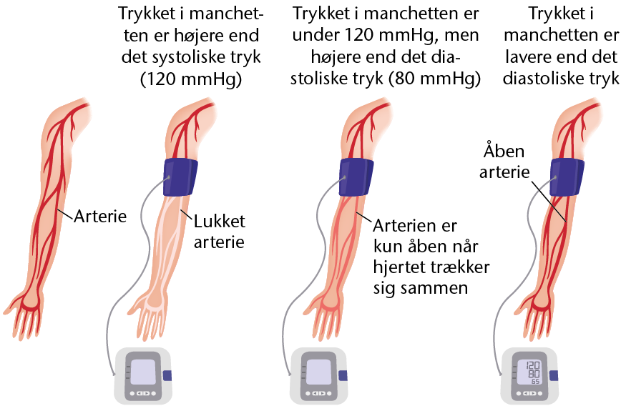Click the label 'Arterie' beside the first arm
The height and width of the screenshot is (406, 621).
click(101, 217)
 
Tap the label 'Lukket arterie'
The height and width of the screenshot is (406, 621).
click(220, 232)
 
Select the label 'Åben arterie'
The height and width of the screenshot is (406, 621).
click(504, 162)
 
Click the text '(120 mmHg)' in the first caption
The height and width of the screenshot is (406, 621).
click(191, 79)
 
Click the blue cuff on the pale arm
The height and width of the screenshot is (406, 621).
click(180, 177)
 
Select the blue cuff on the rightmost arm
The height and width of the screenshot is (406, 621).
click(567, 177)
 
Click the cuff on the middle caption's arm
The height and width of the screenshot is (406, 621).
click(356, 177)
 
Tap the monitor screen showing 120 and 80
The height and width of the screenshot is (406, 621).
click(530, 372)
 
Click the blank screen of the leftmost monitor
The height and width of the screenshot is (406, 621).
click(143, 372)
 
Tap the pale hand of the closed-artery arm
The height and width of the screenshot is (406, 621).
click(151, 317)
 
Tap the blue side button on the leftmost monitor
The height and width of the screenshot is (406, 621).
click(167, 375)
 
